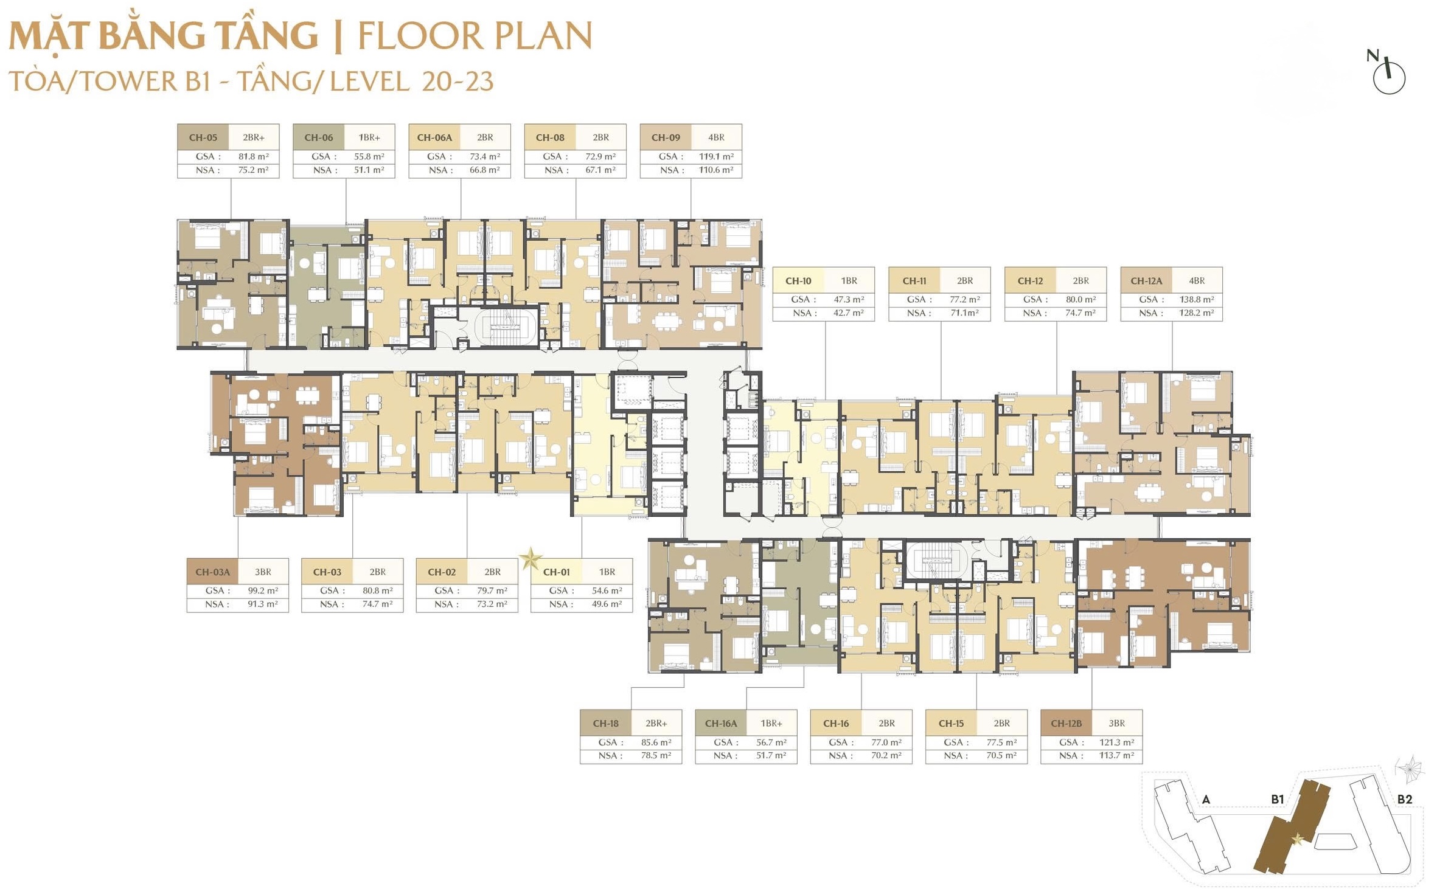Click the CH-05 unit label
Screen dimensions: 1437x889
click(203, 137)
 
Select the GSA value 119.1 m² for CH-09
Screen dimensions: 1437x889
click(716, 156)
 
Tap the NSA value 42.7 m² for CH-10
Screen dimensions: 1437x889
click(848, 313)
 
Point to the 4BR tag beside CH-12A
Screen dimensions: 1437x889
click(1197, 281)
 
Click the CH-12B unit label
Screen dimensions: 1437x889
click(1066, 724)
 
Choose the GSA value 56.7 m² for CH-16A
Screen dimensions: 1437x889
click(771, 742)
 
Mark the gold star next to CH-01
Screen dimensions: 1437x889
click(531, 558)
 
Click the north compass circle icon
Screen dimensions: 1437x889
click(1389, 78)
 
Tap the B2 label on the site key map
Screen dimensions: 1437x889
click(1404, 799)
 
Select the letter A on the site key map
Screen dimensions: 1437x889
click(1206, 800)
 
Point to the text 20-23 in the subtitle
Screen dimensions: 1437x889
click(457, 81)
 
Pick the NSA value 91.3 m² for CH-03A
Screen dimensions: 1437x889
click(262, 604)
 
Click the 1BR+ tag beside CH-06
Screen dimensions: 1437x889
click(369, 137)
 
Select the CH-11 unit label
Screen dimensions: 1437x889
click(914, 281)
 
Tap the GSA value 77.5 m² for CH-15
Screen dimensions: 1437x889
click(1001, 742)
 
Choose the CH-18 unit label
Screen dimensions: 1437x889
click(605, 724)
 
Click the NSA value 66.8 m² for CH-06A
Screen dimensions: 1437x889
click(484, 170)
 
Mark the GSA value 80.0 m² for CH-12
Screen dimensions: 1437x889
click(1080, 299)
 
